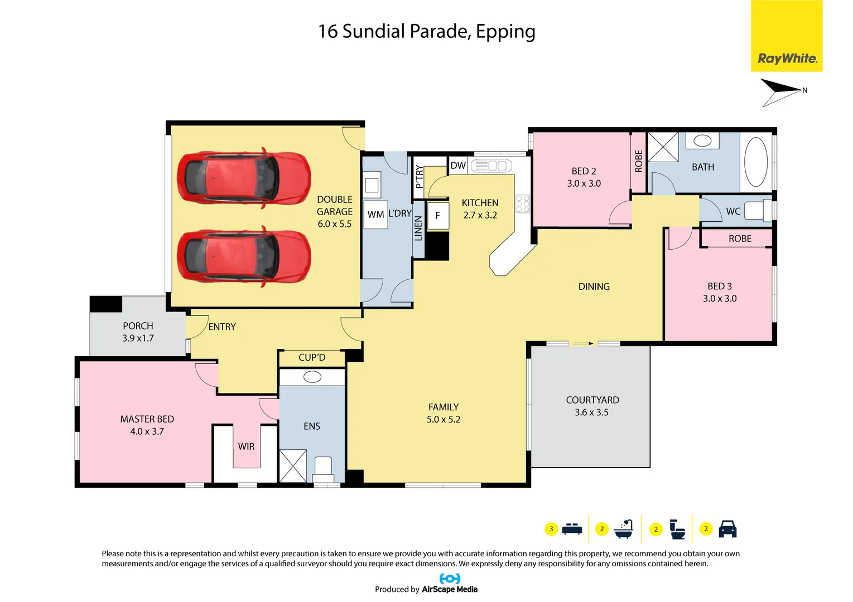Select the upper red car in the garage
[x=243, y=178]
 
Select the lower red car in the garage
[x=243, y=256]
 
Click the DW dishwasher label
[x=458, y=166]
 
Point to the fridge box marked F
[x=438, y=216]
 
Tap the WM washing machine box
[x=375, y=215]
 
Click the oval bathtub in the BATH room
[x=756, y=162]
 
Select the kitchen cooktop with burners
[x=523, y=203]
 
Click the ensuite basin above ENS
[x=312, y=377]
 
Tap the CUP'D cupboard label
[x=312, y=358]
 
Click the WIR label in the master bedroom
[x=246, y=446]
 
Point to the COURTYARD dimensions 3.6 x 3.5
[x=591, y=412]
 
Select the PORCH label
[x=138, y=326]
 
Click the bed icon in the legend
[x=572, y=529]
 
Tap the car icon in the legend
[x=727, y=529]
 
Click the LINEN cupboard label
[x=418, y=229]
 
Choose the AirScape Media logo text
[x=449, y=589]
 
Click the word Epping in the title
[x=505, y=32]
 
